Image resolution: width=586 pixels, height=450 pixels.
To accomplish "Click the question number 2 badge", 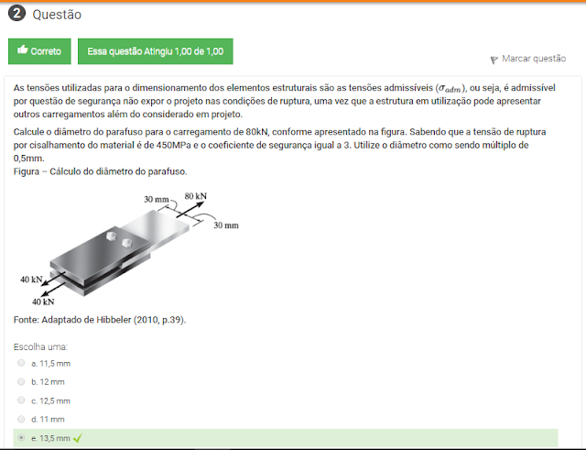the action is [x=16, y=14].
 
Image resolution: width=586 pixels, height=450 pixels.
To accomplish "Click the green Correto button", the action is [x=39, y=51].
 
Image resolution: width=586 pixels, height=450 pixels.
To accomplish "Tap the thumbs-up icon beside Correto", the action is [x=22, y=49].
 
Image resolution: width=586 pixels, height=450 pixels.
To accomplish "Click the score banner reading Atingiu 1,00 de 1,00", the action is [x=156, y=51].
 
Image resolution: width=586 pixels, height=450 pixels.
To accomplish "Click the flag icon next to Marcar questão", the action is [x=494, y=60].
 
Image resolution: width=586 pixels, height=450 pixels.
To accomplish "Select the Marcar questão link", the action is [x=534, y=59].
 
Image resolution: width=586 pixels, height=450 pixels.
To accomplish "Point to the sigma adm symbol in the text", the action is [x=450, y=89].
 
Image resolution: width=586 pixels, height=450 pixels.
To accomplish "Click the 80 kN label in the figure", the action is [x=195, y=196].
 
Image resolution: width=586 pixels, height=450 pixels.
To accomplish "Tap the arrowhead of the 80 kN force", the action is [x=201, y=204].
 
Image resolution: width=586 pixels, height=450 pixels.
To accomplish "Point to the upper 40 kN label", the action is [x=31, y=280].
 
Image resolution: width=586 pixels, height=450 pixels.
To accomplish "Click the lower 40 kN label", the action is [x=43, y=302].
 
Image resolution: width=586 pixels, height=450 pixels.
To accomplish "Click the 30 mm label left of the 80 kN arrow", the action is [x=157, y=199].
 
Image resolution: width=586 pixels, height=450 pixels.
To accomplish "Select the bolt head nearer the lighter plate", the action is [x=127, y=243].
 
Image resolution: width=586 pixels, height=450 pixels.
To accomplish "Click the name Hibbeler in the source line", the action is [x=114, y=320].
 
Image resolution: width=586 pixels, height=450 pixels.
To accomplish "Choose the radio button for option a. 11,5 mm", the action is [x=21, y=363].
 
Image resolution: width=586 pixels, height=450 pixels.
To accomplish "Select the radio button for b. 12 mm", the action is [x=21, y=381].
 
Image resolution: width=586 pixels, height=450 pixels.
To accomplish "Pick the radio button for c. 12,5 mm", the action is [x=21, y=401].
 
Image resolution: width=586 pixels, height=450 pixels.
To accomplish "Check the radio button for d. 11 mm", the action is [x=21, y=419].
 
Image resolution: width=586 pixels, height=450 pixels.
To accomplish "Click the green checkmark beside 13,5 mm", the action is [x=77, y=438].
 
